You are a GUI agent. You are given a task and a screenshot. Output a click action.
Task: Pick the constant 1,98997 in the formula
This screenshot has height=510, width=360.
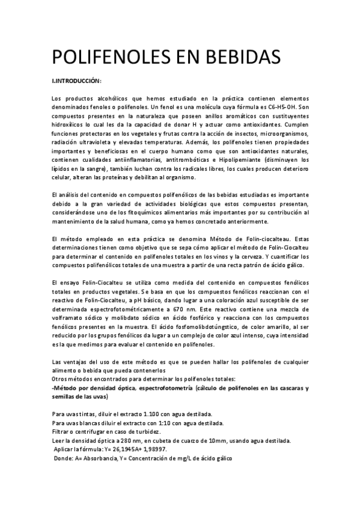(x=152, y=448)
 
